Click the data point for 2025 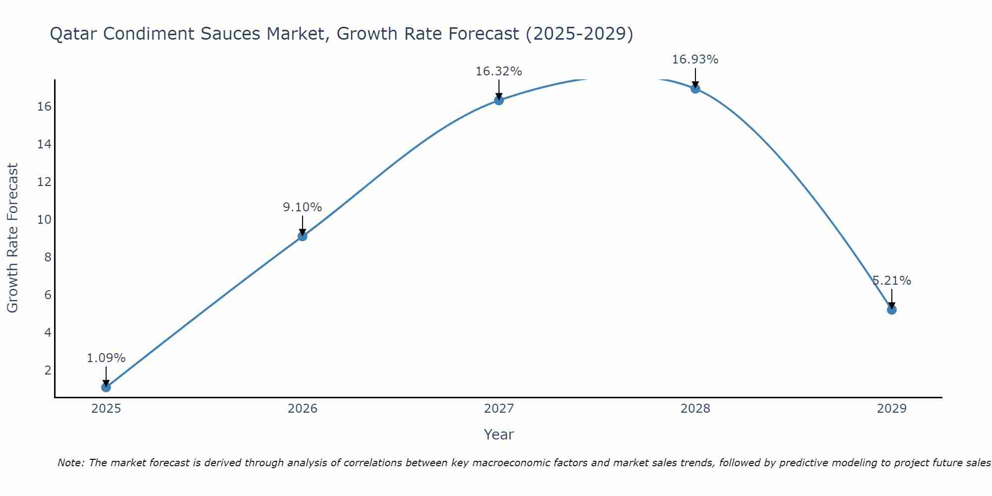pyautogui.click(x=106, y=387)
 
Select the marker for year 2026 pyautogui.click(x=303, y=236)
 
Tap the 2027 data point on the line pyautogui.click(x=499, y=100)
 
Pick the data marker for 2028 pyautogui.click(x=695, y=89)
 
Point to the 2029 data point pyautogui.click(x=892, y=310)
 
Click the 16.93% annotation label pyautogui.click(x=695, y=60)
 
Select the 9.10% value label pyautogui.click(x=303, y=207)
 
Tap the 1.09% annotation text pyautogui.click(x=106, y=358)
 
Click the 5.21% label pyautogui.click(x=892, y=281)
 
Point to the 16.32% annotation pyautogui.click(x=498, y=71)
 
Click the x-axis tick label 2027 pyautogui.click(x=499, y=409)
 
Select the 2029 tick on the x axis pyautogui.click(x=892, y=409)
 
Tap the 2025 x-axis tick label pyautogui.click(x=106, y=409)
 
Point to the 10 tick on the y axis pyautogui.click(x=44, y=220)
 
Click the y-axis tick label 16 pyautogui.click(x=44, y=107)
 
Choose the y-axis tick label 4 pyautogui.click(x=48, y=332)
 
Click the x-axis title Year pyautogui.click(x=498, y=434)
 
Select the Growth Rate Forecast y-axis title pyautogui.click(x=12, y=238)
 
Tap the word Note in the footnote pyautogui.click(x=71, y=463)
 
